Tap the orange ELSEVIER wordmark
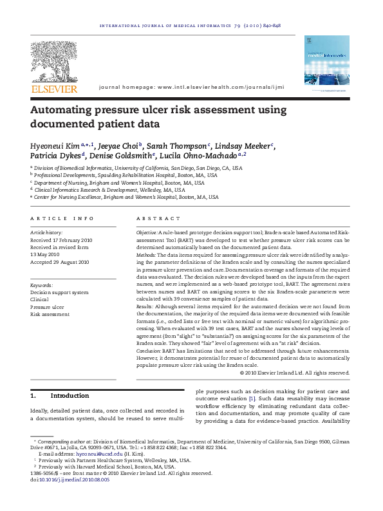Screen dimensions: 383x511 coord(55,89)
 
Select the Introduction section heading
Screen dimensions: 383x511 coord(70,395)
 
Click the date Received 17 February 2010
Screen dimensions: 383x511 coord(61,239)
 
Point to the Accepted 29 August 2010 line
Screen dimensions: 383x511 coord(60,263)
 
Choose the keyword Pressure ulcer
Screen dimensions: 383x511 coord(47,307)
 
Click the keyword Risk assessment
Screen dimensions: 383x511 coord(50,315)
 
